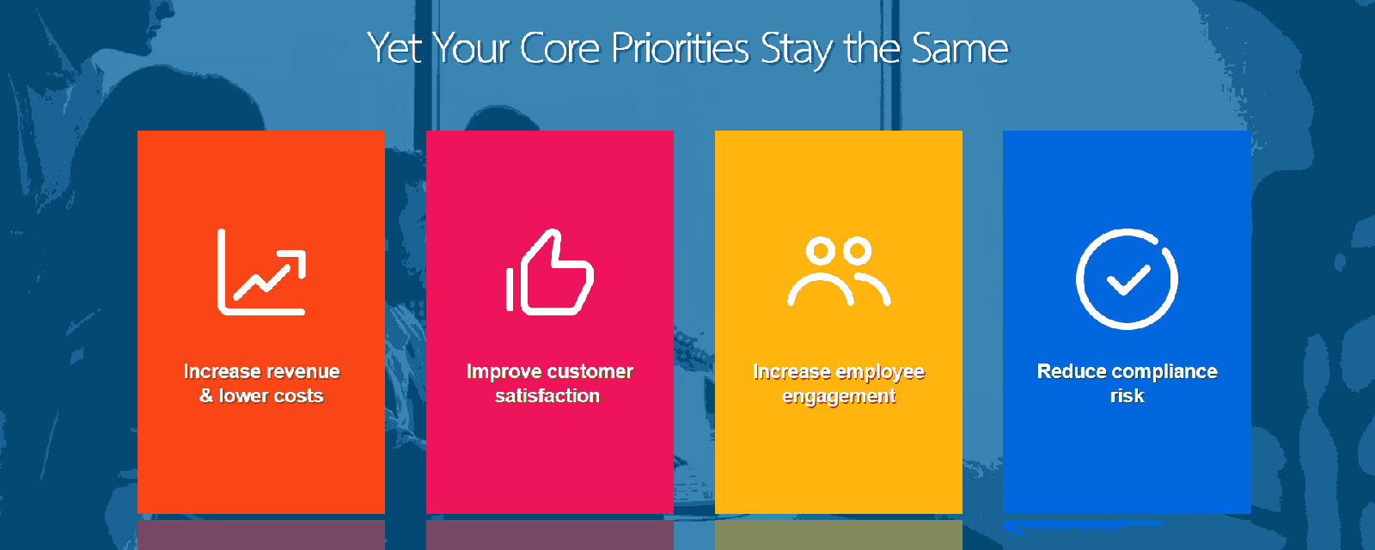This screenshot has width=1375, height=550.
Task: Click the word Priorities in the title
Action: tap(680, 48)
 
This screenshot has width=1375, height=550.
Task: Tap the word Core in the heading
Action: tap(559, 48)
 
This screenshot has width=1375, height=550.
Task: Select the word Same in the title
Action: tap(960, 48)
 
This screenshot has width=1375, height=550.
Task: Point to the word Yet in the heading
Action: tap(394, 48)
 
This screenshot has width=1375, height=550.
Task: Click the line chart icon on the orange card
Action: tap(261, 272)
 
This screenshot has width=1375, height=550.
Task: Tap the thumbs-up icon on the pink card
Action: tap(550, 272)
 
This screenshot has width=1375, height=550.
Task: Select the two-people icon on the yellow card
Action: tap(839, 271)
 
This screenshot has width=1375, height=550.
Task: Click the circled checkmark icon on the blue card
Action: tap(1127, 279)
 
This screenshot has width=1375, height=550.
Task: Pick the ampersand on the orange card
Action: tap(206, 396)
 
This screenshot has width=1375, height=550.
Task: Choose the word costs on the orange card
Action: tap(297, 396)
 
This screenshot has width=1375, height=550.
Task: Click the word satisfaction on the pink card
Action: tap(547, 396)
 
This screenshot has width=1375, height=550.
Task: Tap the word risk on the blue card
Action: tap(1127, 396)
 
